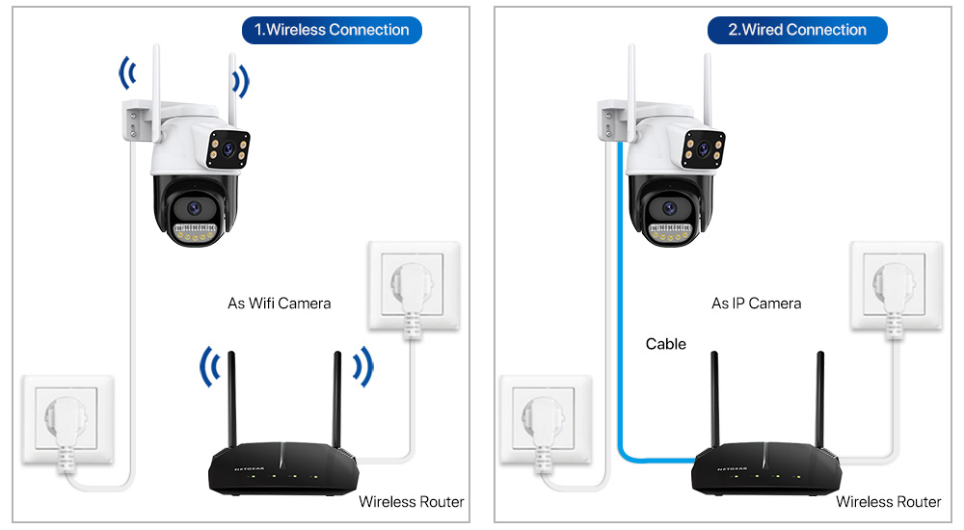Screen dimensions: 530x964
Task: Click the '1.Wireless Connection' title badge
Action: tap(331, 30)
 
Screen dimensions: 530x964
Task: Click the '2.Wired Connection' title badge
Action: tap(796, 30)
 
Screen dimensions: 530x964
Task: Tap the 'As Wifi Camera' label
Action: tap(279, 304)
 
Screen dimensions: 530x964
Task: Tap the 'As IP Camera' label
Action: tap(756, 304)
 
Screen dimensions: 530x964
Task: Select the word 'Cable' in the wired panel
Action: tap(665, 344)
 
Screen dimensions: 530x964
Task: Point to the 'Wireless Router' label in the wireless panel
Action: tap(411, 502)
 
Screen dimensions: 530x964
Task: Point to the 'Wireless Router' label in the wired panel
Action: tap(888, 502)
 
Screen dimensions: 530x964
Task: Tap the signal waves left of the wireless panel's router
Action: tap(209, 366)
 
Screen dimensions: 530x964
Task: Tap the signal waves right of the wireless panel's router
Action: tap(361, 366)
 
